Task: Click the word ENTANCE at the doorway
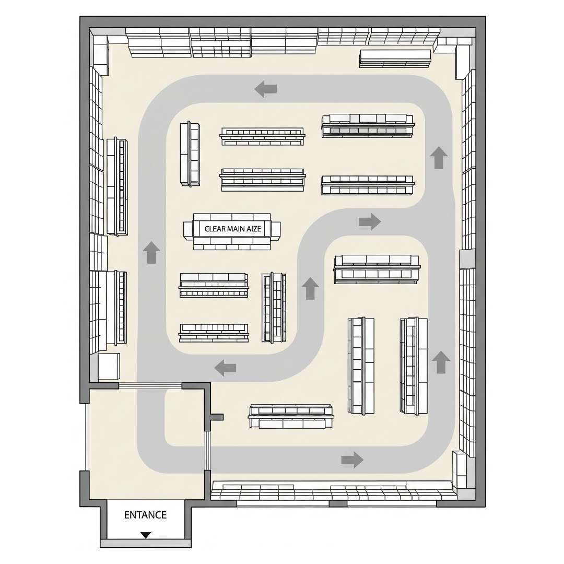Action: pyautogui.click(x=145, y=515)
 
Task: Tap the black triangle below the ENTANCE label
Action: pyautogui.click(x=145, y=535)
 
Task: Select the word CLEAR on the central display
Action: pyautogui.click(x=215, y=229)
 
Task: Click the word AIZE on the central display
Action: pyautogui.click(x=254, y=229)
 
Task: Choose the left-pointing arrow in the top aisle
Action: pyautogui.click(x=265, y=89)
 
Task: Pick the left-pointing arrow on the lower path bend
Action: pyautogui.click(x=225, y=368)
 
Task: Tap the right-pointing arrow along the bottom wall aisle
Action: pyautogui.click(x=352, y=460)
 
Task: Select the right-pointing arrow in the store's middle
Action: pyautogui.click(x=370, y=221)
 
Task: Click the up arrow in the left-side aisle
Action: pyautogui.click(x=151, y=252)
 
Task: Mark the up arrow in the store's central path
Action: pyautogui.click(x=310, y=288)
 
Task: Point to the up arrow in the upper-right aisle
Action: pyautogui.click(x=439, y=158)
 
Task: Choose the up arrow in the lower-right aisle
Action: pyautogui.click(x=441, y=362)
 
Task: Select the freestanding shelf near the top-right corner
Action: pyautogui.click(x=395, y=58)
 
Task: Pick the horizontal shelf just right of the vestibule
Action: pyautogui.click(x=291, y=416)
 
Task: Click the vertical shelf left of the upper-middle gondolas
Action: pyautogui.click(x=190, y=154)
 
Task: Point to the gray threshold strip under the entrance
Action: pyautogui.click(x=145, y=543)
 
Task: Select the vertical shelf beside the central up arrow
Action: pyautogui.click(x=274, y=308)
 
